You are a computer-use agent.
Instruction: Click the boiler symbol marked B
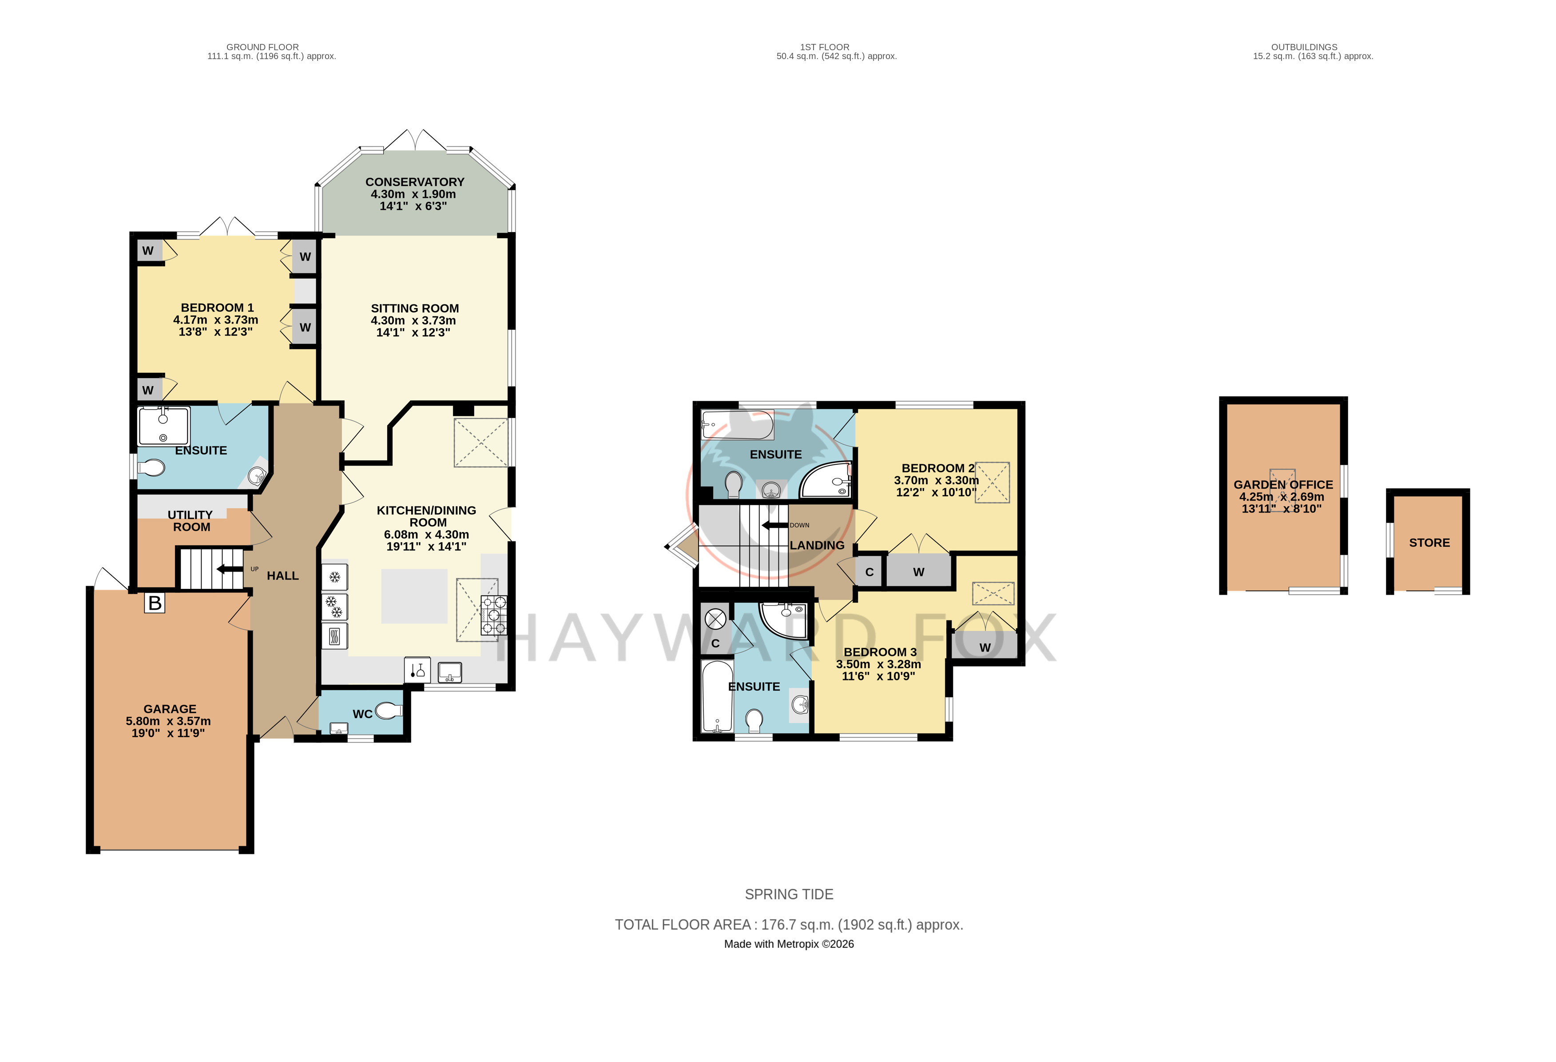[155, 603]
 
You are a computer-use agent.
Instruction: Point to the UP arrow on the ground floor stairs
[230, 569]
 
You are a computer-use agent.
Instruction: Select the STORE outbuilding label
[1429, 543]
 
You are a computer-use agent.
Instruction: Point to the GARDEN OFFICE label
[1283, 485]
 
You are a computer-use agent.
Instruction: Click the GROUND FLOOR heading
[262, 47]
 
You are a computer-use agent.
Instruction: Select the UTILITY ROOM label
[191, 521]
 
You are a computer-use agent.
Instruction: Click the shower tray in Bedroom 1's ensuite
[163, 426]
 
